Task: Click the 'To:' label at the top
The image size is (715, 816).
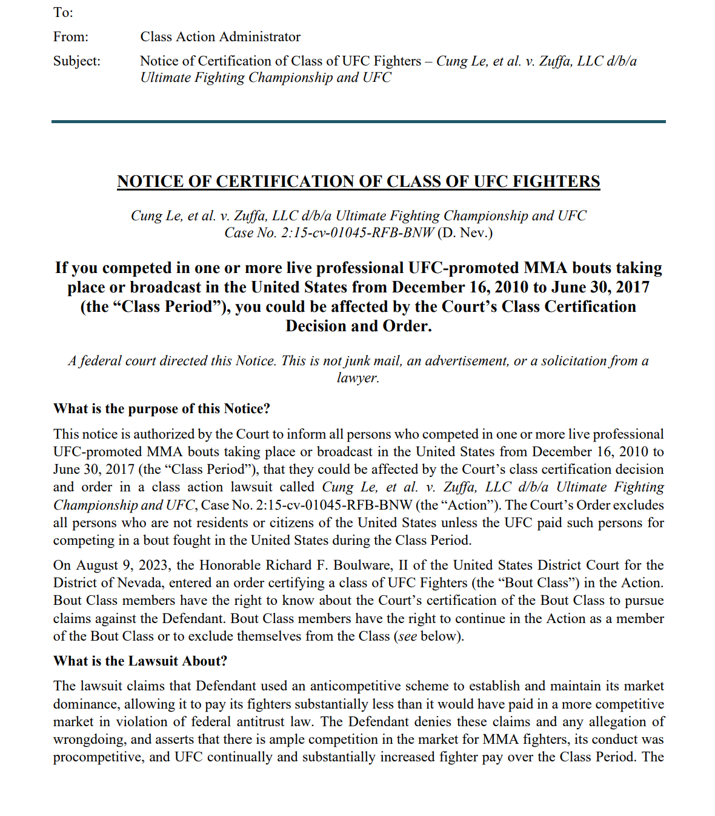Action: [63, 13]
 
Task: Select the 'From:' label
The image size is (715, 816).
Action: [71, 37]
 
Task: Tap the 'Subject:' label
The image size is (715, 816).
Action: [77, 61]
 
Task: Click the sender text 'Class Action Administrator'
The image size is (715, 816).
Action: [220, 37]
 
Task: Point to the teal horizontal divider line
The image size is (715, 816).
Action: [358, 122]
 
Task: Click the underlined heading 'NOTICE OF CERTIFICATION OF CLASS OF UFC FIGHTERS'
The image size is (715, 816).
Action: [358, 181]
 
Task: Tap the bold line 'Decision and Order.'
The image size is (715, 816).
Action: [358, 326]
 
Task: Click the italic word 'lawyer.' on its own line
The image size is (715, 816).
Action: [358, 378]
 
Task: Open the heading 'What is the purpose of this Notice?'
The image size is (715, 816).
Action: [162, 409]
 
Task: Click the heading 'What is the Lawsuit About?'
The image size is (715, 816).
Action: [141, 661]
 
